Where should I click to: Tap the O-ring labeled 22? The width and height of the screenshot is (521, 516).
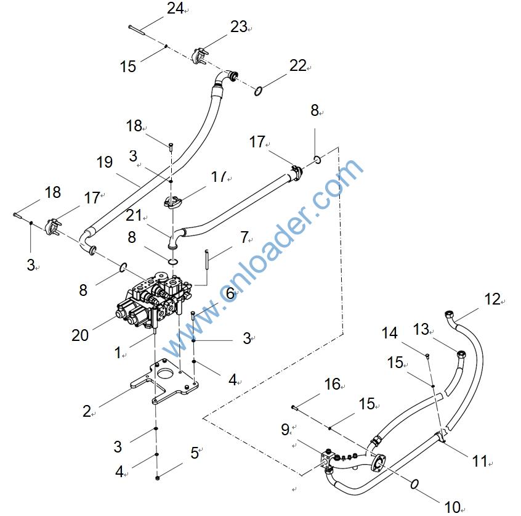tap(259, 92)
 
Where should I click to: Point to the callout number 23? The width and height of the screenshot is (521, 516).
tap(238, 27)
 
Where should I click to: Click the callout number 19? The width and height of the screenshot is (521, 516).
tap(105, 163)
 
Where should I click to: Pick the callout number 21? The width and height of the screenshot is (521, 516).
tap(134, 215)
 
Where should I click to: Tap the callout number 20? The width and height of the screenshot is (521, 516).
tap(80, 335)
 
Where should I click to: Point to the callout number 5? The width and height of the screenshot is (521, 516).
tap(195, 453)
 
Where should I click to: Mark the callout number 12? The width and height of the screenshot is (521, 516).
tap(492, 300)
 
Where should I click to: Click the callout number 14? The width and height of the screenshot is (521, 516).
tap(389, 334)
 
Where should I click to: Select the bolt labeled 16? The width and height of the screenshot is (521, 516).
tap(297, 407)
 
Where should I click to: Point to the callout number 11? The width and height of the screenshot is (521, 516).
tap(480, 460)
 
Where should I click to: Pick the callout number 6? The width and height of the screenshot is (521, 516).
tap(230, 293)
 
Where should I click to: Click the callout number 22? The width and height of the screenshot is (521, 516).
tap(298, 65)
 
